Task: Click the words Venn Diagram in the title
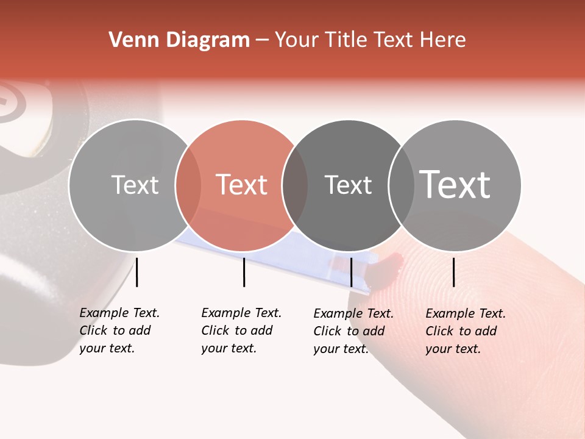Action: click(x=179, y=40)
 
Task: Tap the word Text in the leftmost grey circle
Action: click(x=135, y=185)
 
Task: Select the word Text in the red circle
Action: click(x=242, y=185)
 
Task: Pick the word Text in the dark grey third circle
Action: click(x=348, y=185)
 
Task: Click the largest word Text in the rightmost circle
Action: click(x=455, y=185)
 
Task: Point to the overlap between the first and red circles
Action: click(x=188, y=185)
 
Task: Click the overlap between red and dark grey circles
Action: click(x=295, y=185)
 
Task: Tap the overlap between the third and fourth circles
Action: click(x=401, y=185)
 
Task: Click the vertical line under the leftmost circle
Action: click(x=136, y=272)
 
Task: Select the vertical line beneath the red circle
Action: click(x=244, y=272)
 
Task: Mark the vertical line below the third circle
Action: click(x=351, y=272)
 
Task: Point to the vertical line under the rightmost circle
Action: click(x=453, y=272)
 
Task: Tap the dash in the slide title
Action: click(x=262, y=40)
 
